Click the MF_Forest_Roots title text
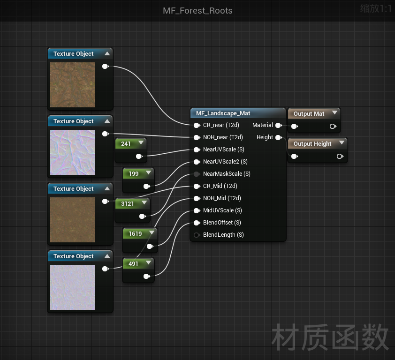click(x=197, y=11)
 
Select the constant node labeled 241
click(x=130, y=150)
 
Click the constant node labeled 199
click(x=138, y=180)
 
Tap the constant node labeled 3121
click(x=132, y=210)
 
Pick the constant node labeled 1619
click(x=140, y=240)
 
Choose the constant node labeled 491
click(x=138, y=270)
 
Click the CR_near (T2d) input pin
click(x=197, y=125)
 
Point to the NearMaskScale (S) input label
click(x=227, y=174)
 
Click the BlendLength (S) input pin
click(x=197, y=235)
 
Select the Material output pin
click(x=279, y=125)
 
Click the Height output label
click(x=265, y=137)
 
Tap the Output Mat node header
click(x=314, y=113)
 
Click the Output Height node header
click(x=318, y=143)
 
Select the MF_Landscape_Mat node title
click(x=223, y=113)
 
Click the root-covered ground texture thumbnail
click(x=73, y=85)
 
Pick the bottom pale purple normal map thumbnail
click(x=73, y=287)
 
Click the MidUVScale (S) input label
click(x=222, y=210)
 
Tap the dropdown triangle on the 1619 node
click(x=152, y=232)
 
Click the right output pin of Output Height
click(x=340, y=157)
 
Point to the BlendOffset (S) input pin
click(x=197, y=223)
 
